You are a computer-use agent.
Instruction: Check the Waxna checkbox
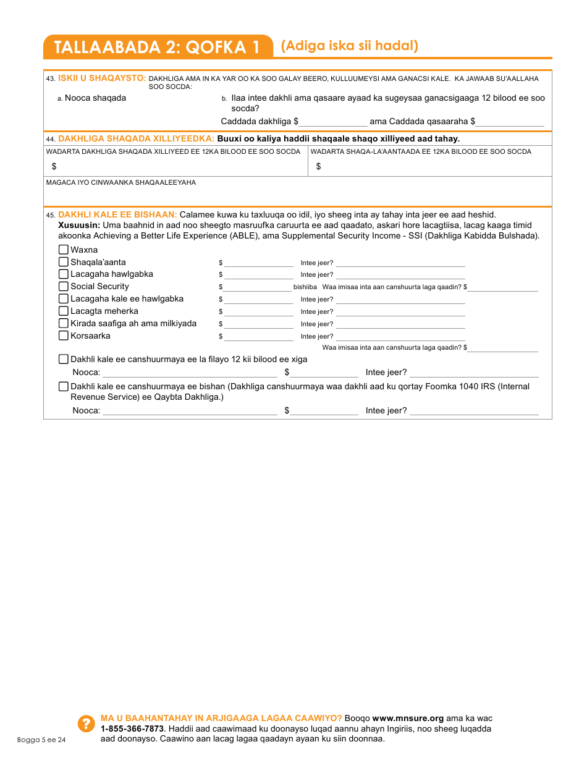[63, 250]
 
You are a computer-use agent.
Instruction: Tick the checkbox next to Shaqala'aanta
[63, 262]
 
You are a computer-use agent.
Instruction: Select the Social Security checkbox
[63, 286]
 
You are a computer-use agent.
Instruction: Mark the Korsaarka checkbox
[63, 336]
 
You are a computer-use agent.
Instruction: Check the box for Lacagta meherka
[63, 311]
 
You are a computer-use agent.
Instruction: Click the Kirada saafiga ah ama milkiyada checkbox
[63, 323]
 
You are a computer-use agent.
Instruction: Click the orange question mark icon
[87, 724]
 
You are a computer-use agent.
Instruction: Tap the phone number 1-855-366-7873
[128, 728]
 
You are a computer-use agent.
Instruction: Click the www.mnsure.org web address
[408, 718]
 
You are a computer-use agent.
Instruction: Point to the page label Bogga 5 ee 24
[41, 740]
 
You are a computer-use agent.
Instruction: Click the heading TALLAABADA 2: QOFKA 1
[157, 48]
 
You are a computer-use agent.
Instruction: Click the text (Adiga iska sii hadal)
[349, 46]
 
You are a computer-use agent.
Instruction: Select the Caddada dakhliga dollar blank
[333, 122]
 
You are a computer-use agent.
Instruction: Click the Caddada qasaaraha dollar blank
[510, 122]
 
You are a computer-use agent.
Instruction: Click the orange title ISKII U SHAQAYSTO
[102, 78]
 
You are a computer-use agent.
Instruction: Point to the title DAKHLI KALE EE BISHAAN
[117, 214]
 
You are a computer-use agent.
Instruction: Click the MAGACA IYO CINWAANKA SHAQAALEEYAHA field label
[121, 182]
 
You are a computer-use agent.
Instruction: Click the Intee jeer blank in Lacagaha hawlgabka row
[400, 274]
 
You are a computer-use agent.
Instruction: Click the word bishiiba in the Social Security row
[305, 287]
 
